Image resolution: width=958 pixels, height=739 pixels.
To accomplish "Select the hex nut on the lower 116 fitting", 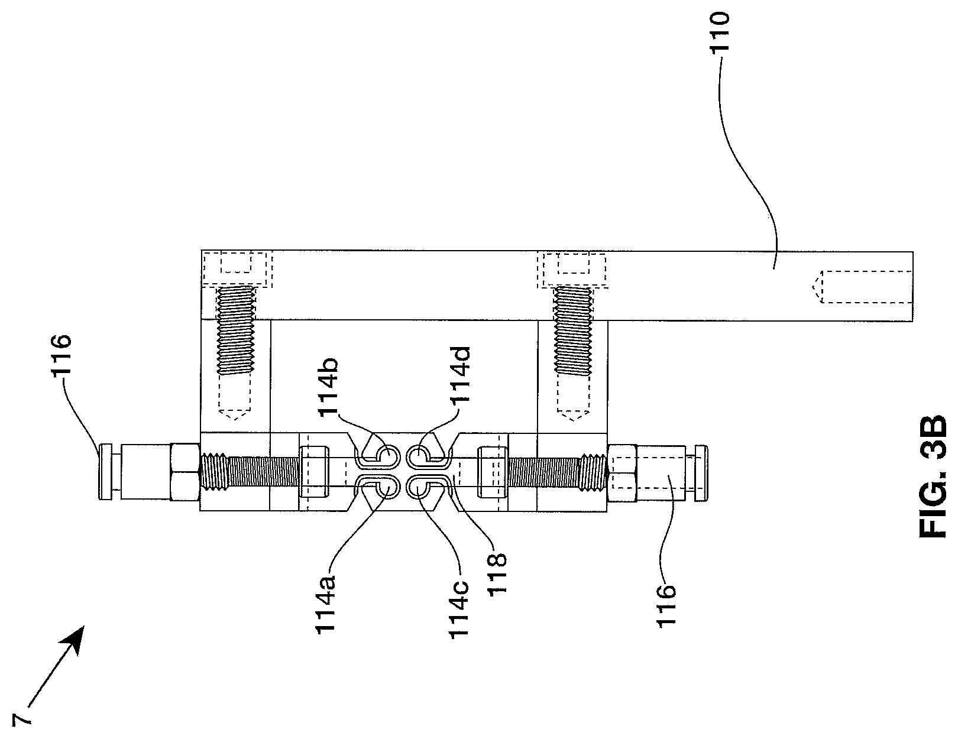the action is pos(623,471).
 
